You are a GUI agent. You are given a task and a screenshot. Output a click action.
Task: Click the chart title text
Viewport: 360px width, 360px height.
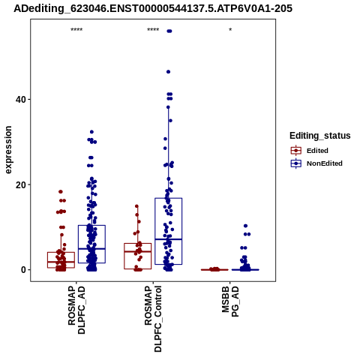153,8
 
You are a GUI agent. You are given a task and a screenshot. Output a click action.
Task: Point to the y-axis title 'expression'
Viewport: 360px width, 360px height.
8,150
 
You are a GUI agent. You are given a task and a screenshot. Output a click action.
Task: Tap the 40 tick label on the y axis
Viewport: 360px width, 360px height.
21,100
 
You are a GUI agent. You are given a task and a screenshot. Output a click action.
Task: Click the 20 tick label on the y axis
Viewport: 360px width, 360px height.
21,184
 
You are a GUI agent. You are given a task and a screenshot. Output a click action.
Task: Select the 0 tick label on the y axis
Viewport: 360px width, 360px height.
24,270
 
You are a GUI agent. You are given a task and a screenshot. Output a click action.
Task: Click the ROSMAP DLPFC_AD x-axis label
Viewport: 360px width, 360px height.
76,310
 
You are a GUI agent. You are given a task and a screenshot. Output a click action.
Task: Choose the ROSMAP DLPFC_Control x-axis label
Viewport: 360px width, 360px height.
153,319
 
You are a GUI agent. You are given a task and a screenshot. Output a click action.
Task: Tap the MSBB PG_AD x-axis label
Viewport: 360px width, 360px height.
230,301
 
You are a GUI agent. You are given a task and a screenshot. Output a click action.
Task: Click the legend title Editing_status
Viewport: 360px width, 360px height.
320,136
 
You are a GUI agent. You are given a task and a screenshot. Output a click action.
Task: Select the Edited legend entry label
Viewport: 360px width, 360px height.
317,151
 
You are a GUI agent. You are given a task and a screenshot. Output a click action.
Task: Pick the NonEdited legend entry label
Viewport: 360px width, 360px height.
325,163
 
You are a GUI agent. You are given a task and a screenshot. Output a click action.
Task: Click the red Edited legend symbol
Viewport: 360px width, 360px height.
296,151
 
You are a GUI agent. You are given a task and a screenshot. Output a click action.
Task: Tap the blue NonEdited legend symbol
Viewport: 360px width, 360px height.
296,163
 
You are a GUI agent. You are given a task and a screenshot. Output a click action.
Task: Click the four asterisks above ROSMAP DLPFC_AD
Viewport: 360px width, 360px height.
76,30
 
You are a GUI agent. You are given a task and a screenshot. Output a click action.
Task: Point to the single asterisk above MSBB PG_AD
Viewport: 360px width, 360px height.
230,30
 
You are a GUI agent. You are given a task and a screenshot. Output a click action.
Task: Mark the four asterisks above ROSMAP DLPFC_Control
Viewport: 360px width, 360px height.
153,30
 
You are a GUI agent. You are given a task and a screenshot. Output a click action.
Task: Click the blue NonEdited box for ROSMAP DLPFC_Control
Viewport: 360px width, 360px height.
169,231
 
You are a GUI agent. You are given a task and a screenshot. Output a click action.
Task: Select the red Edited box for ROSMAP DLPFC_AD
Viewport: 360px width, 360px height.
61,260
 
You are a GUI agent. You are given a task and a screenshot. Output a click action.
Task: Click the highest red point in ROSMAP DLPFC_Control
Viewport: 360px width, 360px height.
136,206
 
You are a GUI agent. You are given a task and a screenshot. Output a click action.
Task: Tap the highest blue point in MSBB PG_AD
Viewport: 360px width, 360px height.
245,226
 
